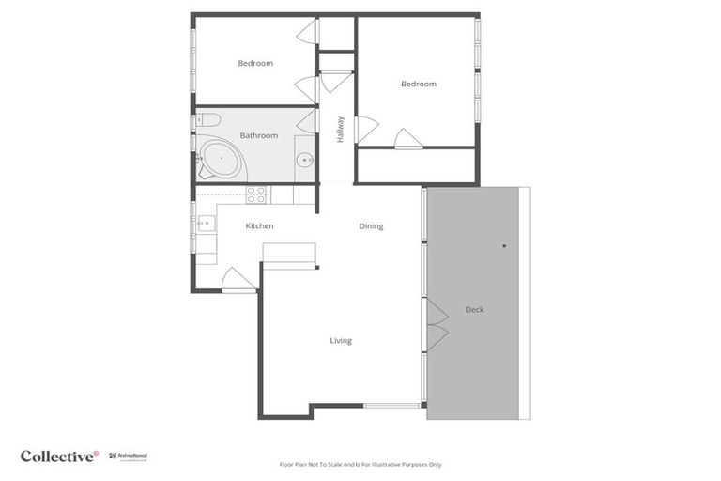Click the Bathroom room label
coord(258,135)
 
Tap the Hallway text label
coord(341,129)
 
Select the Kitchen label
coord(259,226)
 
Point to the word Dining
coord(371,226)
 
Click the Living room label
coord(341,341)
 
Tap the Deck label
coord(474,309)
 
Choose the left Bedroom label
coord(255,63)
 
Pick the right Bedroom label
coord(419,85)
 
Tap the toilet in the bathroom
coord(207,119)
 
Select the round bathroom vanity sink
coord(305,161)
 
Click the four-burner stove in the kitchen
coord(256,194)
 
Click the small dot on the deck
coord(504,246)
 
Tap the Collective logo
coord(59,457)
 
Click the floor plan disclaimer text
coord(360,464)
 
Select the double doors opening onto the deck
coord(436,324)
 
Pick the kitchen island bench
coord(288,255)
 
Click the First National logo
coord(129,457)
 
